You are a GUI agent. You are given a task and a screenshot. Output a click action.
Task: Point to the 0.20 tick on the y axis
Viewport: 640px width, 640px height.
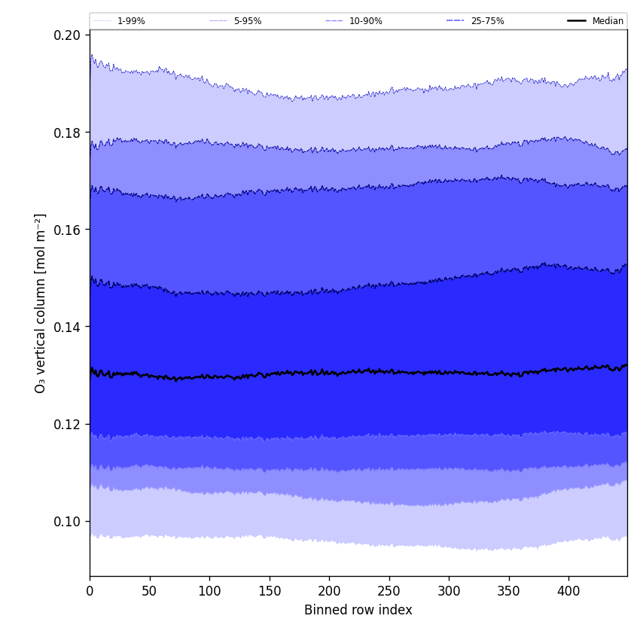point(68,35)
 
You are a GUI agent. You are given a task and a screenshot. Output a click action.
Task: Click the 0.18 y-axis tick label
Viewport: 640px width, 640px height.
point(68,133)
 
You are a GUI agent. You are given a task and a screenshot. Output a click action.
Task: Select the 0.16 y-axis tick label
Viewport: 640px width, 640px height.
point(68,230)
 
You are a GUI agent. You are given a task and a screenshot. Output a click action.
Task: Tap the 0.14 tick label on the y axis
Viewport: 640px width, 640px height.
point(68,327)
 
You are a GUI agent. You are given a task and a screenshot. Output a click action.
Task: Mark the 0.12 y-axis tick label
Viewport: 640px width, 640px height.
point(68,424)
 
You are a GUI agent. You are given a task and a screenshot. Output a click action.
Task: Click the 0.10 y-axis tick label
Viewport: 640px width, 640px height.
point(68,522)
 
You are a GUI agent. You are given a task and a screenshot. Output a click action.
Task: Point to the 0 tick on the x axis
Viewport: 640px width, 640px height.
point(90,591)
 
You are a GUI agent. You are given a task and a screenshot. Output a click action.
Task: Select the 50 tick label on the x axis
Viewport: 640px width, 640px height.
point(150,591)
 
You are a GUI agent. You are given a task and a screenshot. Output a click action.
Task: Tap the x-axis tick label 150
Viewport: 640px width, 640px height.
point(270,591)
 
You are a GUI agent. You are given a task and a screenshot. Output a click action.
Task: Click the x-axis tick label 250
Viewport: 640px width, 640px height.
point(389,591)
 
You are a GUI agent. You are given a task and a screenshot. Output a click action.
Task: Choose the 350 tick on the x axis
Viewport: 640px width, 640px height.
point(509,591)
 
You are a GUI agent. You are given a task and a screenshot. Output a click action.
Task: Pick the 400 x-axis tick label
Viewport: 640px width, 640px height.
point(568,591)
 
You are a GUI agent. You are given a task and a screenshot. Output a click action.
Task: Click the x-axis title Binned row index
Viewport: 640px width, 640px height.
point(358,611)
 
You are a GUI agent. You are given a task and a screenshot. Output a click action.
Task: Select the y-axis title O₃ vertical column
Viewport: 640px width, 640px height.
point(41,303)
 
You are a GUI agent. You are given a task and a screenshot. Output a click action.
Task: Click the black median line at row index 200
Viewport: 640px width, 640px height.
point(329,372)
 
